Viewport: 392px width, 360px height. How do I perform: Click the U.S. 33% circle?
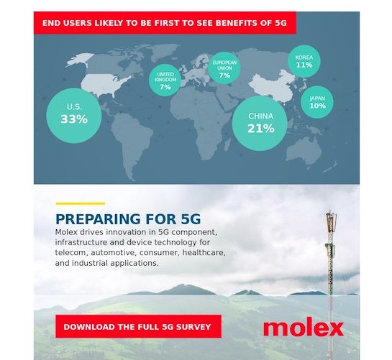(74, 116)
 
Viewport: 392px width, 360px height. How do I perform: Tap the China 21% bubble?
(260, 123)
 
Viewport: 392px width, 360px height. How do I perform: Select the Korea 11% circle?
(304, 62)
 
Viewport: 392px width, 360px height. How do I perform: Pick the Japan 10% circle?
(317, 102)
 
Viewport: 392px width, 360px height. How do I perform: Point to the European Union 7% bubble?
(224, 68)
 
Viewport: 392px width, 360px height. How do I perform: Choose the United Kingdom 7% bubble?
(165, 80)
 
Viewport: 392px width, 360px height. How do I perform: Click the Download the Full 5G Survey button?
(138, 326)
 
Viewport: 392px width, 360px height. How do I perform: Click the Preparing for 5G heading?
(128, 219)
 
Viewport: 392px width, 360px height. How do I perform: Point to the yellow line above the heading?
(81, 203)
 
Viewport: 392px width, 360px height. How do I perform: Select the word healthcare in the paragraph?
(204, 252)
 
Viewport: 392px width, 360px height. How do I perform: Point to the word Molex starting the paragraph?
(66, 232)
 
